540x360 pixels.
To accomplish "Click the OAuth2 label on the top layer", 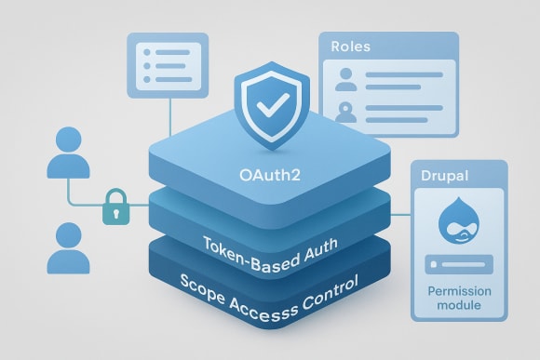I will coord(269,172).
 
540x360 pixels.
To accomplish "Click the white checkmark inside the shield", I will coord(271,104).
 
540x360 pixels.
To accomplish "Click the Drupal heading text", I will coord(446,176).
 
